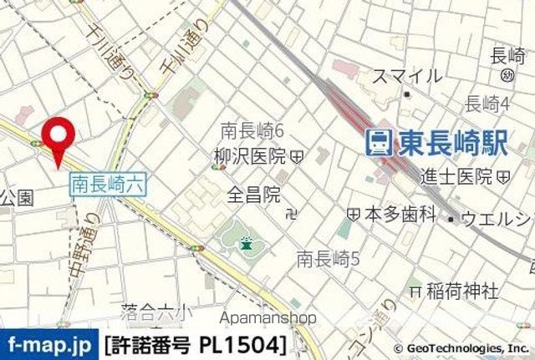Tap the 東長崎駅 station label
[452, 143]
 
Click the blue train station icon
[380, 143]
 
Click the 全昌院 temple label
[254, 195]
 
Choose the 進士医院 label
[456, 176]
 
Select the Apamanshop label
[268, 317]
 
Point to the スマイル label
[407, 76]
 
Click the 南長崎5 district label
[328, 259]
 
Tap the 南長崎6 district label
[253, 130]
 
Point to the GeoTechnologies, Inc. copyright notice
[461, 348]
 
